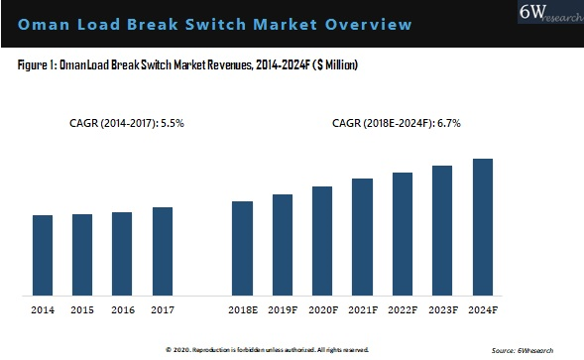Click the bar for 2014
tap(43, 255)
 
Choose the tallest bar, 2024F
tap(483, 227)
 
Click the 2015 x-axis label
tap(82, 311)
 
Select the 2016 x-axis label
tap(122, 311)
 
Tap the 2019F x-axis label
tap(283, 311)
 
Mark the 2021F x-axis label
tap(363, 311)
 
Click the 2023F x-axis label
tap(443, 311)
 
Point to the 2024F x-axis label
tap(483, 311)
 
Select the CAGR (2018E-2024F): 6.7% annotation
tap(397, 124)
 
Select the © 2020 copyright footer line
tap(267, 350)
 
